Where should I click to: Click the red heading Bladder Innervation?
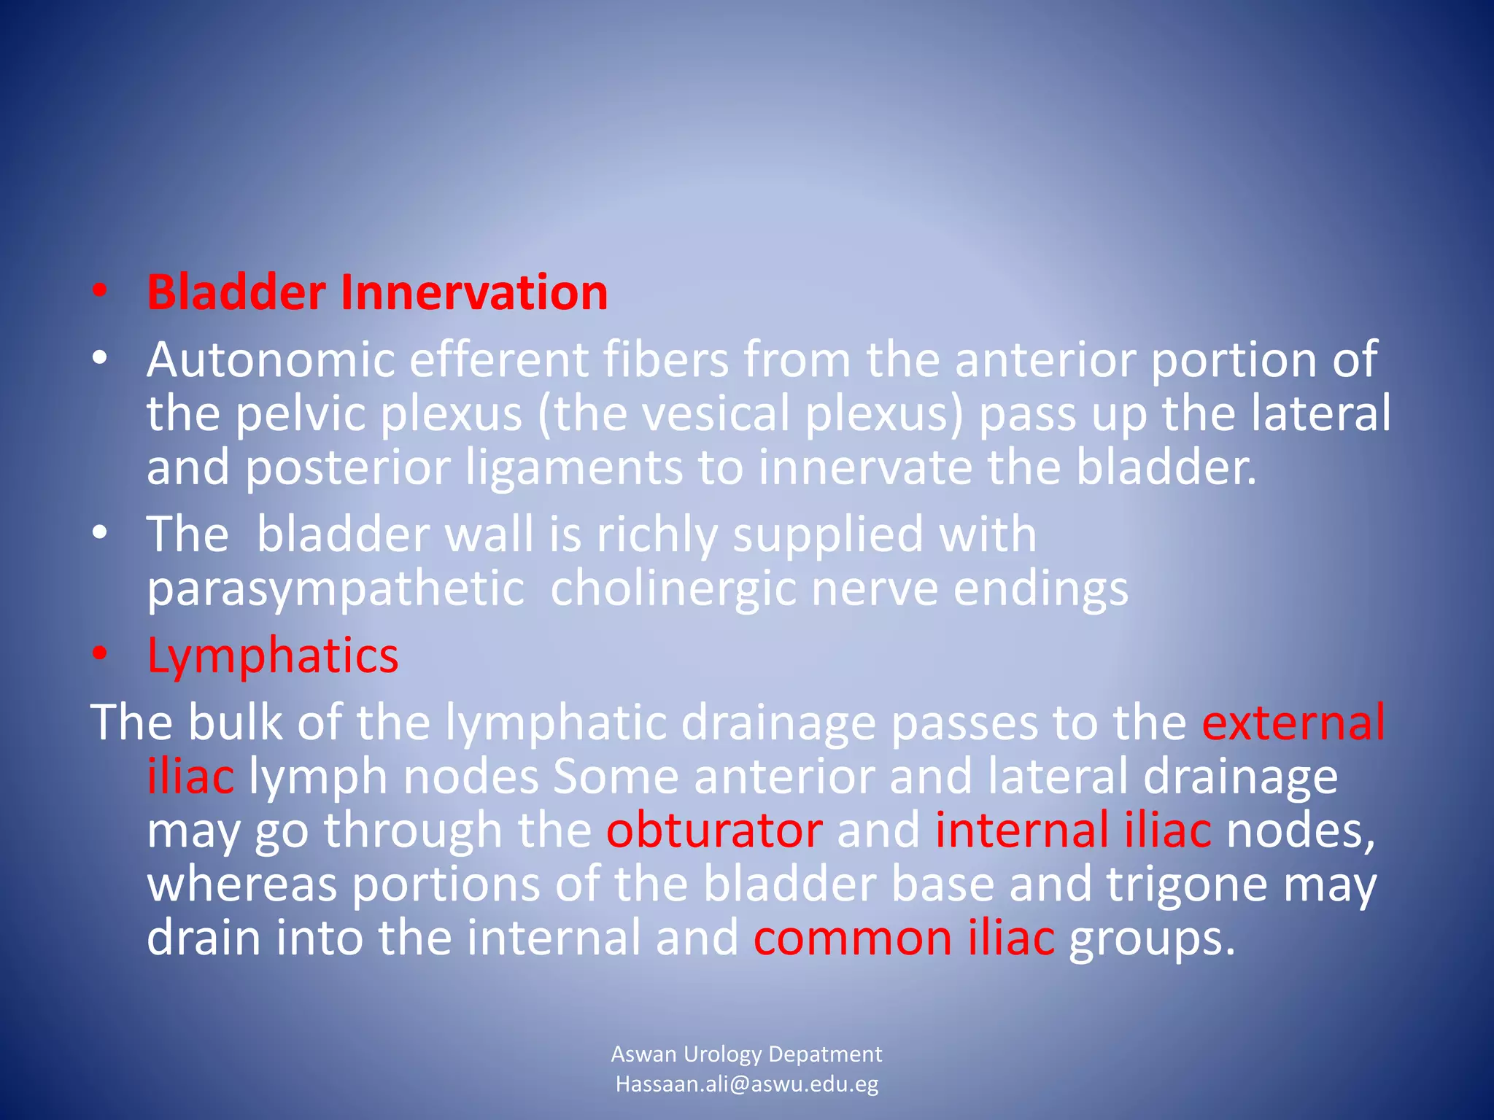(377, 292)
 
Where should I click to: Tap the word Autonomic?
(270, 359)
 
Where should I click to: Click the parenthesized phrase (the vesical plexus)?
(751, 413)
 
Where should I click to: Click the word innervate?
(864, 467)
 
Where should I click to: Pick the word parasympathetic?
(336, 589)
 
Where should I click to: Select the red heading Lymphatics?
(273, 655)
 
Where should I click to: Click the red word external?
(1293, 722)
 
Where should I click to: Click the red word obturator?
(714, 830)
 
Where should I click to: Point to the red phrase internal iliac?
(1073, 830)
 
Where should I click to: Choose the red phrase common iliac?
(904, 938)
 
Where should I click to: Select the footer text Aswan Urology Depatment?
(746, 1054)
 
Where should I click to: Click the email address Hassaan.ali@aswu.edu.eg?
(746, 1084)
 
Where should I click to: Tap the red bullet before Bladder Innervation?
(100, 292)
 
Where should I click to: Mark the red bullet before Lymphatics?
(100, 653)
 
